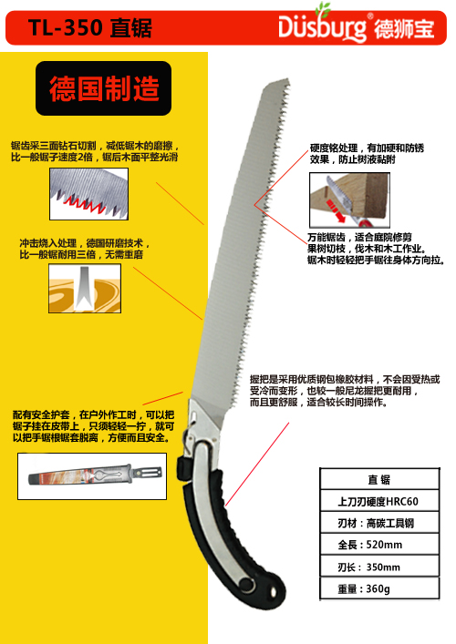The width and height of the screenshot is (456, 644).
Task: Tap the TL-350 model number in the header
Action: pyautogui.click(x=66, y=28)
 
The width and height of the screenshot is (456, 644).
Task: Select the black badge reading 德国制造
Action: pyautogui.click(x=104, y=88)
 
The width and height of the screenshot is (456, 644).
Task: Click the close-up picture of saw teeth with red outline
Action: pyautogui.click(x=88, y=194)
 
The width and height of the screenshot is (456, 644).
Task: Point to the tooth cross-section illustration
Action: pyautogui.click(x=85, y=289)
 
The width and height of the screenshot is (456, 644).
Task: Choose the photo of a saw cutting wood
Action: pyautogui.click(x=349, y=200)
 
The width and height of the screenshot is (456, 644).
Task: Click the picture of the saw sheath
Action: pyautogui.click(x=92, y=476)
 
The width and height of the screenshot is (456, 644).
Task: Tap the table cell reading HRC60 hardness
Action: pyautogui.click(x=379, y=501)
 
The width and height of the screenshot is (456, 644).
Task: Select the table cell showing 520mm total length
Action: pyautogui.click(x=379, y=545)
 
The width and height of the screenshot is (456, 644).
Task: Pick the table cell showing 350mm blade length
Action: pyautogui.click(x=379, y=567)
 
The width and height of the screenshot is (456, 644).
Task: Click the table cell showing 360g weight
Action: pyautogui.click(x=379, y=588)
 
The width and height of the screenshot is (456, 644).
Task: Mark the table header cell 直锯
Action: pyautogui.click(x=379, y=479)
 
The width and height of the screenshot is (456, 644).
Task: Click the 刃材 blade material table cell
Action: pyautogui.click(x=379, y=523)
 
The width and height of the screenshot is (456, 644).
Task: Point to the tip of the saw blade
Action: pyautogui.click(x=288, y=79)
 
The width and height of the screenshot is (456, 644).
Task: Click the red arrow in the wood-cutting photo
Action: pyautogui.click(x=335, y=210)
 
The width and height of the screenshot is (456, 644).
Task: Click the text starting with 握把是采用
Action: pyautogui.click(x=345, y=391)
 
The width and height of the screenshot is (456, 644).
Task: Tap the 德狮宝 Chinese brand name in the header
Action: pyautogui.click(x=404, y=28)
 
